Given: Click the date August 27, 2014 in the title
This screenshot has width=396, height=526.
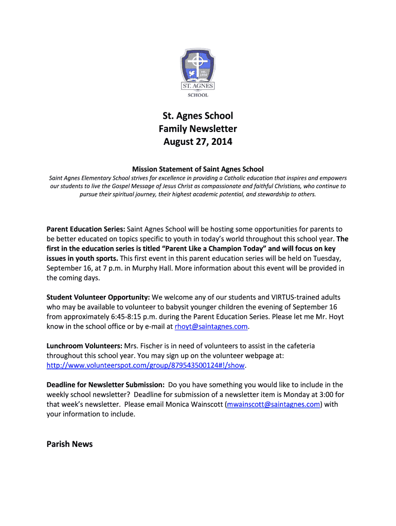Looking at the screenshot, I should (x=198, y=141).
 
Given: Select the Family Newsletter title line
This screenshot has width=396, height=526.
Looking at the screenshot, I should (x=198, y=128).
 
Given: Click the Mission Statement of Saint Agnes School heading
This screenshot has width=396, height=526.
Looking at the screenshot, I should (x=198, y=169).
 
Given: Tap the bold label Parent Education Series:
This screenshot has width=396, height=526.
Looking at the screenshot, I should (x=85, y=229).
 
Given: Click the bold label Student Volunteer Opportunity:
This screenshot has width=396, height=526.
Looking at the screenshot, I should (x=98, y=297).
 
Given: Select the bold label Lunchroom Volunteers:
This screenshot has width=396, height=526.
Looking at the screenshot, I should (x=84, y=346).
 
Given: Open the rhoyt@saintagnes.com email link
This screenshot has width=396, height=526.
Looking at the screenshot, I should (x=212, y=327).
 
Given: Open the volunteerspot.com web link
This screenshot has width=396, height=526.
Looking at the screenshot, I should (x=146, y=366).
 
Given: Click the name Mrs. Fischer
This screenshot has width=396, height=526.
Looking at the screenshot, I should (x=143, y=346).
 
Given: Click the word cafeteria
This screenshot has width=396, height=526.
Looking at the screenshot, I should (x=297, y=346).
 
